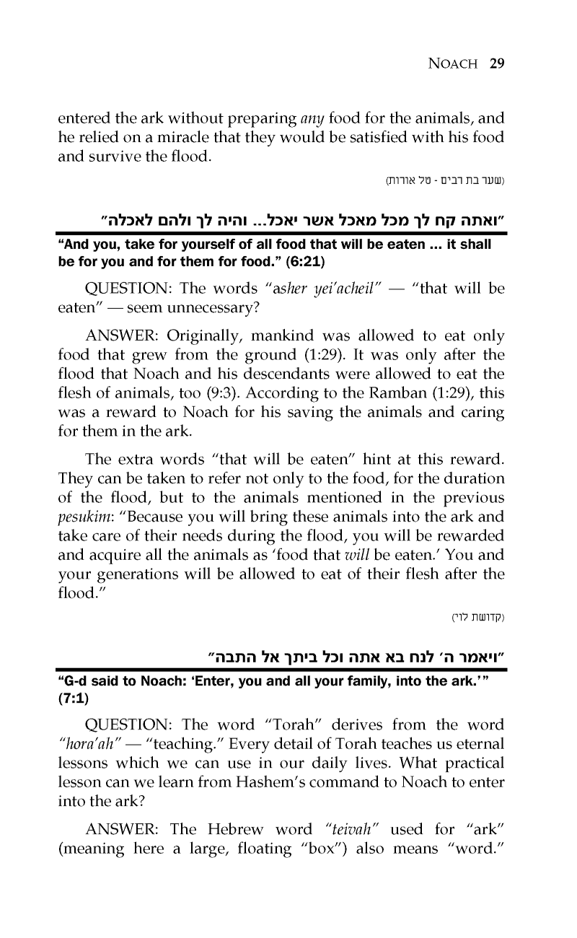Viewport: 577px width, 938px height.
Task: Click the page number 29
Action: (x=495, y=63)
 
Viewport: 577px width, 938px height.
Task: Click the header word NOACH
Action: (x=452, y=63)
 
